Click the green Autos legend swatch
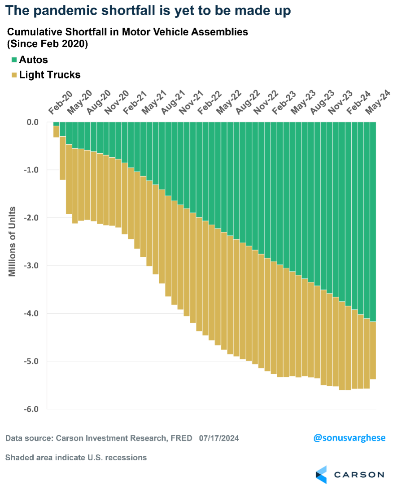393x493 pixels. [14, 60]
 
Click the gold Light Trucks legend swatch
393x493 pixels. [14, 75]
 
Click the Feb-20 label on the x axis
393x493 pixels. [59, 104]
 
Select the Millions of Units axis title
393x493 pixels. [12, 241]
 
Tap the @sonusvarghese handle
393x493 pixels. [349, 438]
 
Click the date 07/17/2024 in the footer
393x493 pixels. [219, 438]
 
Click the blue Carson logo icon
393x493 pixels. [322, 475]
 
